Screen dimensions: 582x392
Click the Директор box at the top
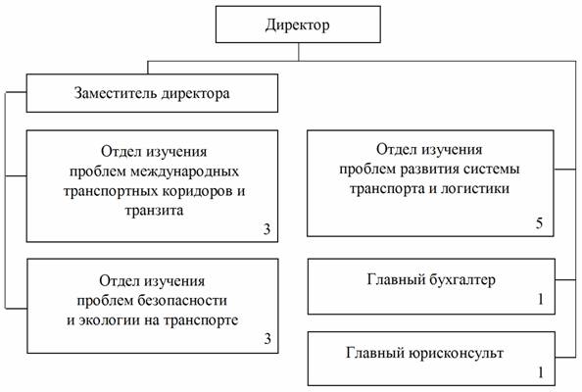point(298,24)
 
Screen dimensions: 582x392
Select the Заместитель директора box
point(152,93)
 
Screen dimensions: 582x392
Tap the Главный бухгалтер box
point(431,286)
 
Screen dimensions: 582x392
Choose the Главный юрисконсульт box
point(431,359)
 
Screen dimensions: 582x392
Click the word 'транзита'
point(154,211)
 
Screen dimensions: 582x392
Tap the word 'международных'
point(185,171)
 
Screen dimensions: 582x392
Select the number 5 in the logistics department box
point(539,222)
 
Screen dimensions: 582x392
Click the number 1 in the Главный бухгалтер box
point(541,299)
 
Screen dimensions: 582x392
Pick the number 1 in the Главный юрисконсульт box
point(541,372)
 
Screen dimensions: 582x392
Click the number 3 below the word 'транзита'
point(267,229)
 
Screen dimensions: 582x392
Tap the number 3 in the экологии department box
point(267,338)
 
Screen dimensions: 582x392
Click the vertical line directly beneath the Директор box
point(299,52)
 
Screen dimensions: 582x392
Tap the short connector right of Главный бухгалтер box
point(565,279)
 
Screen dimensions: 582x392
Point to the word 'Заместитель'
point(116,93)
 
